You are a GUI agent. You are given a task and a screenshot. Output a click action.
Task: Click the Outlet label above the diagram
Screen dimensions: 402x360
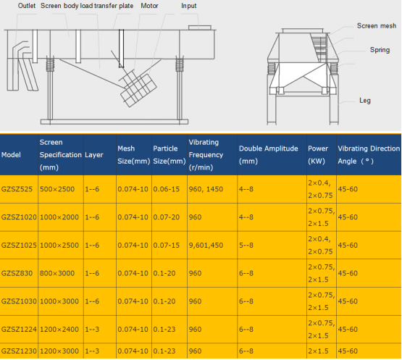pos(27,6)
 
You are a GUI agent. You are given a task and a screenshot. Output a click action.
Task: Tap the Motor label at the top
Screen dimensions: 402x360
pos(149,6)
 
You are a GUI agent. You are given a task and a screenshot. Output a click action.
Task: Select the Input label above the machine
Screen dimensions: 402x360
pos(189,6)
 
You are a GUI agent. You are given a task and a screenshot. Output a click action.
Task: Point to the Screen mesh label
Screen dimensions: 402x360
pos(377,25)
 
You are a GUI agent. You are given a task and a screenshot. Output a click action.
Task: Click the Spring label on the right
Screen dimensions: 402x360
pos(380,50)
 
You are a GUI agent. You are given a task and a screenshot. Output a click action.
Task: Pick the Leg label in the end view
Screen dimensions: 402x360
pos(365,100)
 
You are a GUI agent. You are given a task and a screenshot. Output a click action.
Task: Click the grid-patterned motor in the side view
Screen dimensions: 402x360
pos(138,88)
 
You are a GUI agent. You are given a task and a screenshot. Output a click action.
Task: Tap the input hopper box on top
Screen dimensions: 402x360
pos(200,28)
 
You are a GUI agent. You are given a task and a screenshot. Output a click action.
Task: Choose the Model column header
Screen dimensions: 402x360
pos(11,155)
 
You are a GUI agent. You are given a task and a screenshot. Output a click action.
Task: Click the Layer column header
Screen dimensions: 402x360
pos(94,155)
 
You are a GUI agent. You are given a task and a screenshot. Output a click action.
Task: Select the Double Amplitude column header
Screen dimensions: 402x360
pos(269,155)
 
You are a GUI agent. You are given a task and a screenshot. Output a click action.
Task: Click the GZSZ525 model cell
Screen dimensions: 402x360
pos(17,189)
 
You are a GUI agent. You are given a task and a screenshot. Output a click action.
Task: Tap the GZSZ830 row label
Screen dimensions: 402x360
pos(17,273)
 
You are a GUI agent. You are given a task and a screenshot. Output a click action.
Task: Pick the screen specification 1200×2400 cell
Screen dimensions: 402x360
pos(59,330)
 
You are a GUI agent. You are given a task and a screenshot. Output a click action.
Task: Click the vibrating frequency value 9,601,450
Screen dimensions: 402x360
pos(206,246)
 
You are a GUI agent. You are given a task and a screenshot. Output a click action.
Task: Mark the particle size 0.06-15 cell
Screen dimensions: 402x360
pos(167,189)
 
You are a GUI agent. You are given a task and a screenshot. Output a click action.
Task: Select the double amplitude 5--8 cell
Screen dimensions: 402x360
pos(246,246)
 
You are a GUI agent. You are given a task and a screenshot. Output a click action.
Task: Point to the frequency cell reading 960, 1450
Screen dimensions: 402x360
pos(206,189)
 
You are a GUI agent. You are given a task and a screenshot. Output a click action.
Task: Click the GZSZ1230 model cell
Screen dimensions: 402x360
pos(19,351)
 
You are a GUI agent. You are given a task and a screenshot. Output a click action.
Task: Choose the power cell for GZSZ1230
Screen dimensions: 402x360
pos(318,351)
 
